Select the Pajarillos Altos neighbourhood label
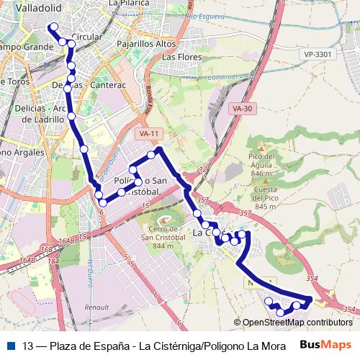pos(147,43)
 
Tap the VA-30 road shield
pos(243,109)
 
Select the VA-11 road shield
pos(149,134)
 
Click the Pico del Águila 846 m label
pos(261,165)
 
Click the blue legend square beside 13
pos(10,344)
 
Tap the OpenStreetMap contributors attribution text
pos(297,323)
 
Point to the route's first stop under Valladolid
pos(53,27)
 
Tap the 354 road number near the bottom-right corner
pos(348,310)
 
